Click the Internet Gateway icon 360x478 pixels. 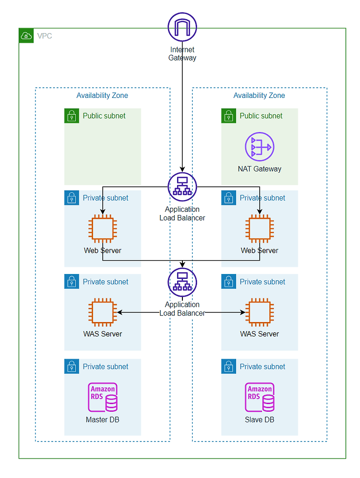182,27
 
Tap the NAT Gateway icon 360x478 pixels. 260,147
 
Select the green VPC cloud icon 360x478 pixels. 26,36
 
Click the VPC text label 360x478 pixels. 45,36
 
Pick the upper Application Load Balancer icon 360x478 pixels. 182,187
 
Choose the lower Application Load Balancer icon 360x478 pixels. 182,282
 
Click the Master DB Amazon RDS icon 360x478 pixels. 103,397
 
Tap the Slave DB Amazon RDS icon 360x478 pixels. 260,397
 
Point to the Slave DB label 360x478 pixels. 260,420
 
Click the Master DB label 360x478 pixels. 103,420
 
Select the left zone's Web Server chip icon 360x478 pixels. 103,228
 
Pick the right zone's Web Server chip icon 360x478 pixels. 260,228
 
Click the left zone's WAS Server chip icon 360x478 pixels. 103,312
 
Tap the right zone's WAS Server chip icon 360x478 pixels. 260,312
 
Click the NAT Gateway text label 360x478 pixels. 260,169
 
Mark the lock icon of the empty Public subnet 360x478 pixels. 72,116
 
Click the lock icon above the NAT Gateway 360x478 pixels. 228,116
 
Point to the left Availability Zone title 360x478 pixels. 102,96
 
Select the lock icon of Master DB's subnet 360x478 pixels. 72,367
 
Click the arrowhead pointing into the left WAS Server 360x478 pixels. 120,312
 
